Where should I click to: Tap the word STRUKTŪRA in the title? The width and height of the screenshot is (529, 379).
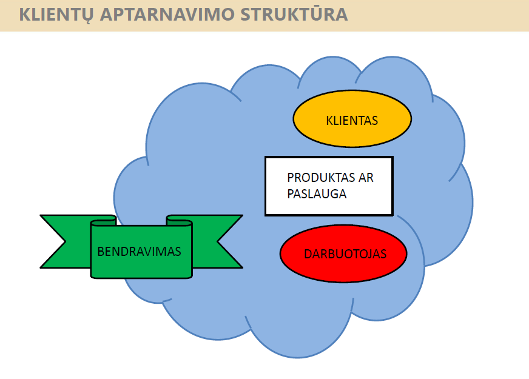pyautogui.click(x=294, y=14)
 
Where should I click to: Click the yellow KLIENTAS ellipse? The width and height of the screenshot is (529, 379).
pyautogui.click(x=352, y=119)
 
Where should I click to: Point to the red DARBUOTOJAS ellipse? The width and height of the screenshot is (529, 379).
pyautogui.click(x=343, y=253)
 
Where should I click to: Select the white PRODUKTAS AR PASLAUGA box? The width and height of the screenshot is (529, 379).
pyautogui.click(x=329, y=186)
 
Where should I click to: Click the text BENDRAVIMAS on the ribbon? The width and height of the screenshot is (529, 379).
pyautogui.click(x=139, y=252)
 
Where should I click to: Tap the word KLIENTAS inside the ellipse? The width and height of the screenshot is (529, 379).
pyautogui.click(x=352, y=121)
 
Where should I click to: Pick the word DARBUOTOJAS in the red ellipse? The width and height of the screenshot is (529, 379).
pyautogui.click(x=345, y=254)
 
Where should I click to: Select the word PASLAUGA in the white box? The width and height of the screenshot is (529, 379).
pyautogui.click(x=317, y=194)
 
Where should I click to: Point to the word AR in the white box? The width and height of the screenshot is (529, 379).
pyautogui.click(x=366, y=177)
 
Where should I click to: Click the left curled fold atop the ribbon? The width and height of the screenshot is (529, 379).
pyautogui.click(x=104, y=221)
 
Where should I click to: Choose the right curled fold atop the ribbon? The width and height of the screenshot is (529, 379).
pyautogui.click(x=179, y=221)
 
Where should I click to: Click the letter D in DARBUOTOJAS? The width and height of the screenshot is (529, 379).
pyautogui.click(x=308, y=254)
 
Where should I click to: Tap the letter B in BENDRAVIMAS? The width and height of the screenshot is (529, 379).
pyautogui.click(x=101, y=252)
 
